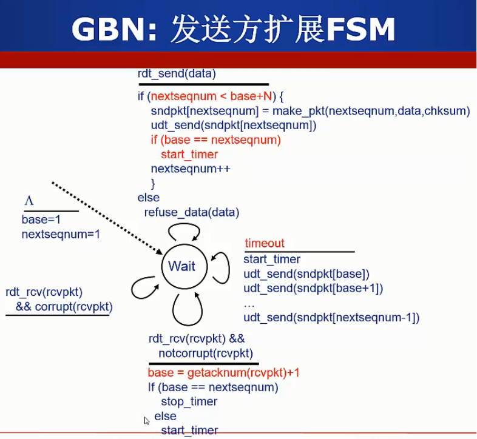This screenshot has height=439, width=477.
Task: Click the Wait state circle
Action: click(x=182, y=266)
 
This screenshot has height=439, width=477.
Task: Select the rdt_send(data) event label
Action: click(x=177, y=74)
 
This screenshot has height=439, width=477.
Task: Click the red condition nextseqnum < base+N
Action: click(x=213, y=96)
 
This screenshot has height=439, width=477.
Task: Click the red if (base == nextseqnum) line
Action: click(x=216, y=140)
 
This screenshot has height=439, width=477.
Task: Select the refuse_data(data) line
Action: click(x=192, y=212)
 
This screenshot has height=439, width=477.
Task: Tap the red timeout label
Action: click(x=265, y=244)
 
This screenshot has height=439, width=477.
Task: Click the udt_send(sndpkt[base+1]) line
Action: click(x=313, y=288)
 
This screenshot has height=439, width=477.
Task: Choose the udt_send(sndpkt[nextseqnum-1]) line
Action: click(x=331, y=317)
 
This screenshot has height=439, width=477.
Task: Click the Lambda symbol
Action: click(x=28, y=201)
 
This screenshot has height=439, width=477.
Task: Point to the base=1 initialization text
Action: click(x=41, y=219)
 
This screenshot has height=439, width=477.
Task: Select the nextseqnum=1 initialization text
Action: click(x=61, y=233)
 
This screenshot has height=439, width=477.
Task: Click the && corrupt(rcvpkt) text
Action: click(x=64, y=306)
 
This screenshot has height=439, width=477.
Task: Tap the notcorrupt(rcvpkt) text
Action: click(x=206, y=353)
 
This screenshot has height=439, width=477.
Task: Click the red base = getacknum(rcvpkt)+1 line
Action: click(x=224, y=372)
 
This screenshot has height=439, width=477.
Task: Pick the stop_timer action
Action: click(x=189, y=401)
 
